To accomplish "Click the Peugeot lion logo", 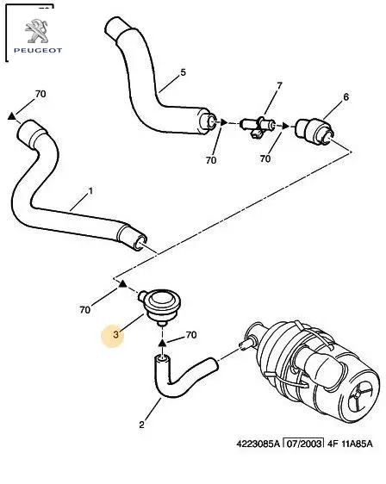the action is coord(37,31).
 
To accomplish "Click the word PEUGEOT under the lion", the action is coord(38,50).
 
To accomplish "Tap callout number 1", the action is coord(90,191).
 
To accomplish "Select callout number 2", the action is coord(141,425).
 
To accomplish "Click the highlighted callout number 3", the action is coord(115,334).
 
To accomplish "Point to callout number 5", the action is coord(184,72).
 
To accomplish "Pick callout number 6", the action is coord(346,97).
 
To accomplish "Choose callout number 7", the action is coord(279,85).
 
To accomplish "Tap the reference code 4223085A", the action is coord(258,444).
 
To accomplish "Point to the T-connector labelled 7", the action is coord(258,127).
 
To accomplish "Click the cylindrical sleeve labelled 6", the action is coord(314,131).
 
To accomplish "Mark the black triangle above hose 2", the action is coord(163,342).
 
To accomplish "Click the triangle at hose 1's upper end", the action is coord(11,115).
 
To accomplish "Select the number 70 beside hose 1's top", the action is coord(40,94).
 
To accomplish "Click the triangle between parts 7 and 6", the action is coord(286,126).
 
